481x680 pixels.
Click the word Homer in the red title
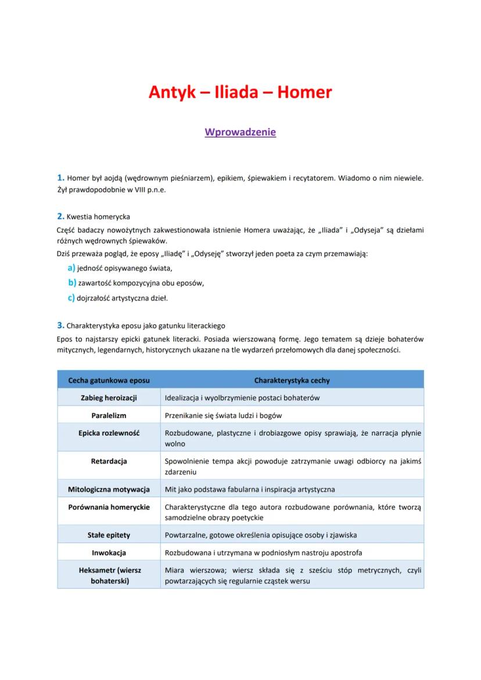pos(304,92)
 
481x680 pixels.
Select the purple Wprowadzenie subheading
pos(240,132)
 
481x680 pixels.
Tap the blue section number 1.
pos(60,177)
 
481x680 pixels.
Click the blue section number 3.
pos(60,325)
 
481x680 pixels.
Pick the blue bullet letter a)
pos(72,268)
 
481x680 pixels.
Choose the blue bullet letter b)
pos(72,283)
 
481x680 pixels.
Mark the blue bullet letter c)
pos(72,298)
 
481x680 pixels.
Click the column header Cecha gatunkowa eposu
pos(109,381)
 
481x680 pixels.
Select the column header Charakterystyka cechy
pos(292,381)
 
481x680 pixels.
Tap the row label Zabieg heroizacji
pos(109,398)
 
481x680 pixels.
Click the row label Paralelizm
pos(109,416)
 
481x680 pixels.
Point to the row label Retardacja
pos(109,461)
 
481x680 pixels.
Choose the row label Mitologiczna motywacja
pos(109,490)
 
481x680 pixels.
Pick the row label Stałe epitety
pos(109,535)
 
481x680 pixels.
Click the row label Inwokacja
pos(109,553)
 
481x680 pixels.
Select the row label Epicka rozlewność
pos(109,433)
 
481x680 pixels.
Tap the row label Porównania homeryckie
pos(109,507)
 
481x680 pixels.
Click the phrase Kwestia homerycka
pos(98,217)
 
